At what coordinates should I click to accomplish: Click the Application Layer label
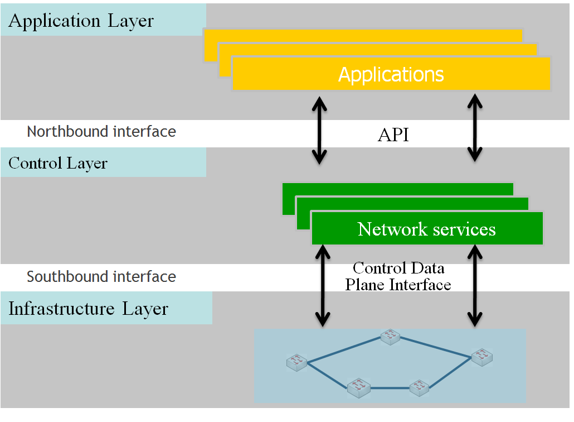click(x=81, y=21)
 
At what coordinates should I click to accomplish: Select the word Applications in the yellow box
click(x=391, y=74)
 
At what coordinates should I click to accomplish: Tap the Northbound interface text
click(x=101, y=132)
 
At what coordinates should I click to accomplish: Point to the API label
click(x=393, y=135)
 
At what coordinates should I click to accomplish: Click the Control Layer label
click(x=58, y=164)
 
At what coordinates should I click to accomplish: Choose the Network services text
click(x=426, y=229)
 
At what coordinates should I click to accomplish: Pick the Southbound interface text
click(x=101, y=277)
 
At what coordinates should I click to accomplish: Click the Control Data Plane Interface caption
click(x=398, y=276)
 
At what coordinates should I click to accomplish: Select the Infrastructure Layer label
click(x=88, y=309)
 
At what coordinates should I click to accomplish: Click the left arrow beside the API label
click(x=319, y=130)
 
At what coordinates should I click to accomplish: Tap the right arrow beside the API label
click(x=474, y=128)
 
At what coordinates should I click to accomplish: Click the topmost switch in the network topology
click(x=391, y=335)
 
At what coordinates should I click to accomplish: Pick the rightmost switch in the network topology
click(x=481, y=356)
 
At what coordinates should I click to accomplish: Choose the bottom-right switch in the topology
click(x=419, y=386)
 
